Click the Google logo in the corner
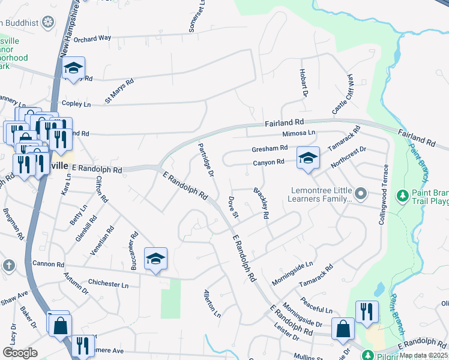click(x=20, y=353)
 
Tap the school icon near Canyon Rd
click(x=308, y=158)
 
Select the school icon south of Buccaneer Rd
click(x=156, y=259)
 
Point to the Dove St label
click(x=234, y=206)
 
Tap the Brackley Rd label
click(x=261, y=202)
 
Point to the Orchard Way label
click(x=94, y=38)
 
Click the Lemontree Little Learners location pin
click(x=360, y=194)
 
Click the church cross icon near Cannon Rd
click(x=8, y=265)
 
